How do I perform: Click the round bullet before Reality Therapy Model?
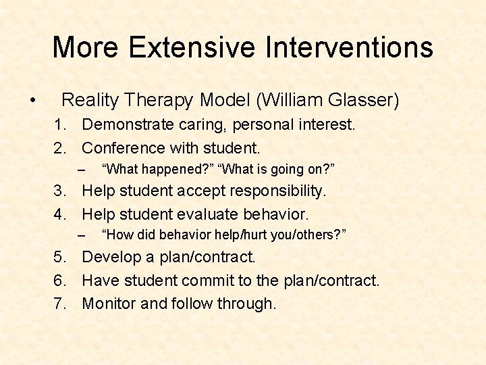[x=32, y=101]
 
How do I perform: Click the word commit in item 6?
[x=209, y=281]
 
